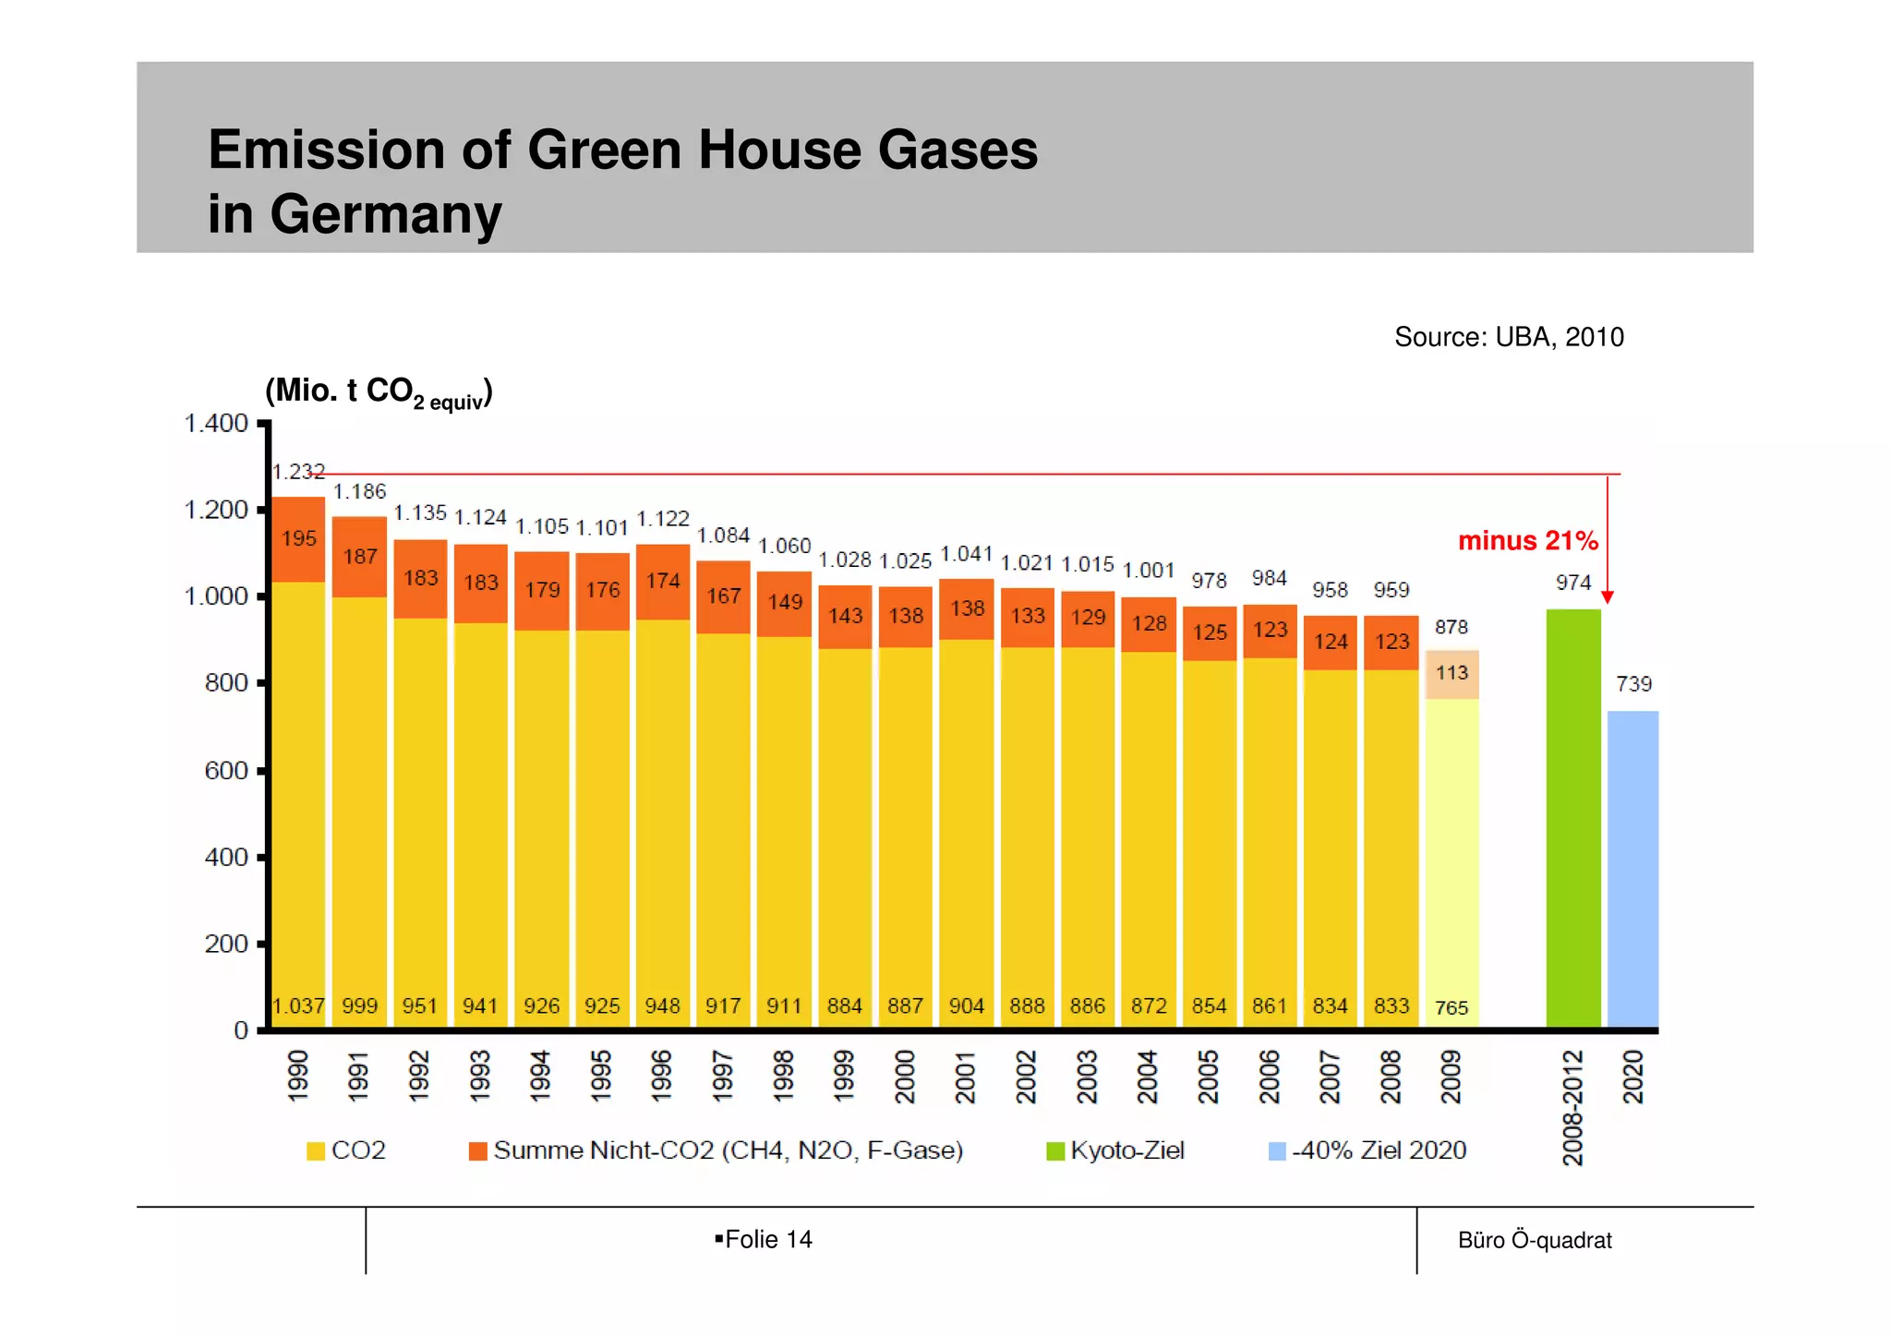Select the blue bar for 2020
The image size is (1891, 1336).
(x=1632, y=868)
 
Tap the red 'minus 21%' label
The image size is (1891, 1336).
(x=1527, y=541)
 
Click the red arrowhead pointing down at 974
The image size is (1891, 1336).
(x=1608, y=597)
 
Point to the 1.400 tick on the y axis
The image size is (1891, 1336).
(x=216, y=424)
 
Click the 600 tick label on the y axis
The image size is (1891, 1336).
(x=226, y=770)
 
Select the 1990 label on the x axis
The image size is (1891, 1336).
(x=297, y=1076)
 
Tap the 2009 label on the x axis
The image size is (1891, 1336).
(x=1451, y=1077)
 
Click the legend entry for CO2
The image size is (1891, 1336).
(x=346, y=1150)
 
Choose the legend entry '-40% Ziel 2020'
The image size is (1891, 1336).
(x=1368, y=1150)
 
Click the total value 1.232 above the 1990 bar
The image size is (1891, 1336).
(x=298, y=472)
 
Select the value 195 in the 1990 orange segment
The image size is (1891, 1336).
(x=299, y=538)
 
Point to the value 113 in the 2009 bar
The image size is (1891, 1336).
(x=1451, y=673)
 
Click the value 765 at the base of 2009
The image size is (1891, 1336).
(x=1451, y=1008)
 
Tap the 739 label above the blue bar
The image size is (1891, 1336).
(x=1633, y=684)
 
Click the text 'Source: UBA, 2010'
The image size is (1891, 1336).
(x=1509, y=337)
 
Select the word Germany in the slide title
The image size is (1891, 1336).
(x=386, y=214)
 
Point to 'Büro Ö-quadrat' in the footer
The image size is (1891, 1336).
(x=1535, y=1240)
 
